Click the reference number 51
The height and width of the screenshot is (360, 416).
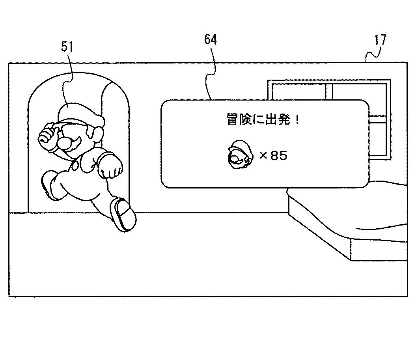[x=67, y=47]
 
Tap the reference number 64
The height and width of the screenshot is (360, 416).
[x=211, y=39]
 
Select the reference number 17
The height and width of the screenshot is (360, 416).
[x=380, y=40]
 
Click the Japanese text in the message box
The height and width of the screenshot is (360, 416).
[x=263, y=119]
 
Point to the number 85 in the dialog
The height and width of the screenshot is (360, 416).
[x=279, y=156]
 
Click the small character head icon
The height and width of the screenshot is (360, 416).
[x=240, y=155]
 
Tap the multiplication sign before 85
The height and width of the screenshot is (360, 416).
[x=263, y=155]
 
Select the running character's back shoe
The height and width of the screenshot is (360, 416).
[x=49, y=185]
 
